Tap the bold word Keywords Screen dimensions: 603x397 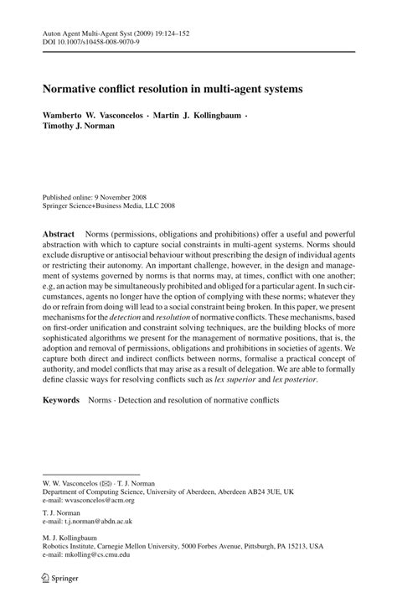pyautogui.click(x=61, y=400)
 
